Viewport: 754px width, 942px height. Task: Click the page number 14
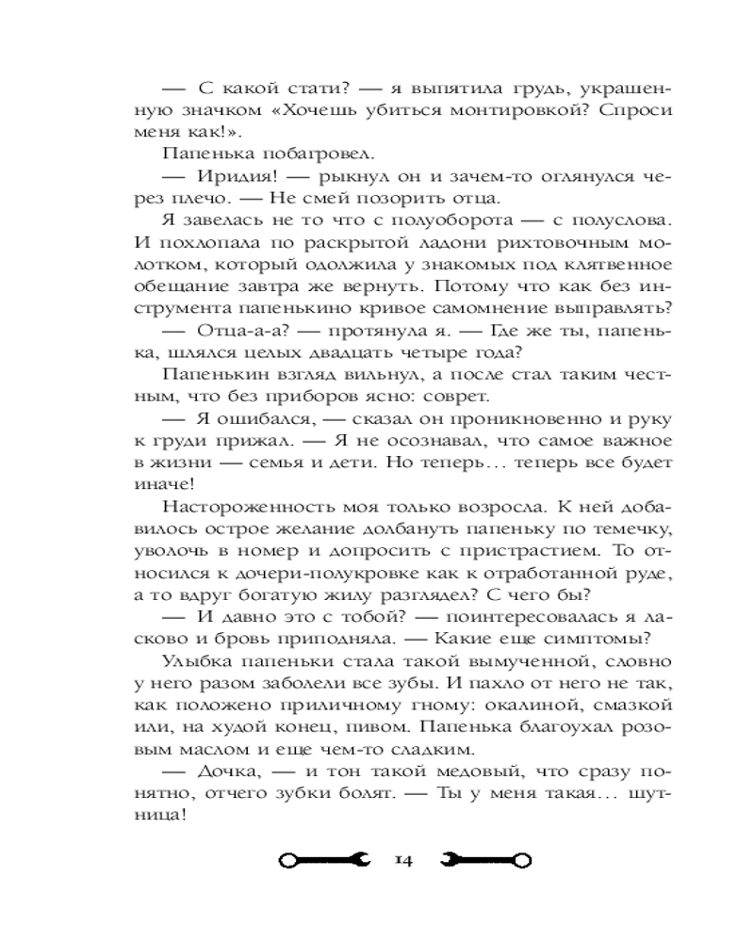[x=403, y=859]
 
